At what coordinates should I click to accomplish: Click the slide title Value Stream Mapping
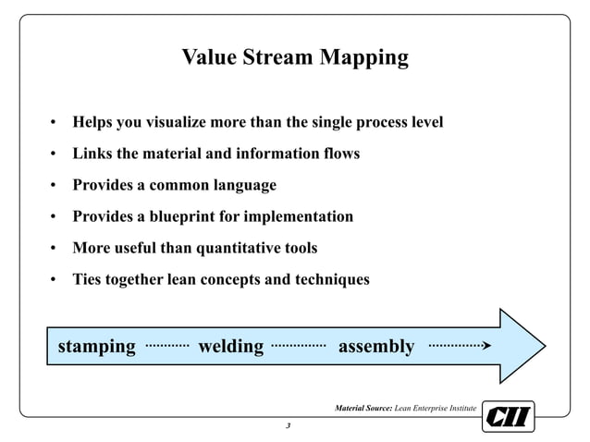coord(294,58)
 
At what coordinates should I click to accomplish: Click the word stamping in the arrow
coord(96,347)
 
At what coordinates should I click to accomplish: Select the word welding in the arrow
coord(230,347)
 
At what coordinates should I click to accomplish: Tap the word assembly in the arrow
coord(375,347)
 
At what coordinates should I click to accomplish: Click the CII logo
coord(508,416)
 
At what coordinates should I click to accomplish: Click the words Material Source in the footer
coord(363,408)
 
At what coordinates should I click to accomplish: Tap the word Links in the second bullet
coord(92,153)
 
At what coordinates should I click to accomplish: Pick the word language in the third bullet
coord(243,185)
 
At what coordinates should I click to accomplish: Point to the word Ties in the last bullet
coord(89,279)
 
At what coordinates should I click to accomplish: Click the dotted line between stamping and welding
coord(167,345)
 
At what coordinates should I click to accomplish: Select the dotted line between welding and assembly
coord(298,345)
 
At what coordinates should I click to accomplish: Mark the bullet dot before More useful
coord(55,249)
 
